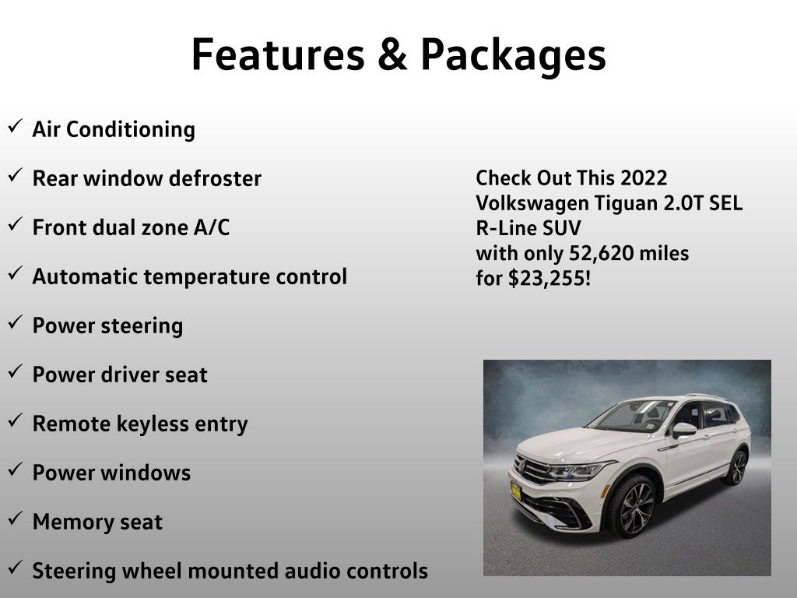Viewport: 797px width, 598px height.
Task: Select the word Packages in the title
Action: coord(514,56)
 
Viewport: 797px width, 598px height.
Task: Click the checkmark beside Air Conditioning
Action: coord(15,125)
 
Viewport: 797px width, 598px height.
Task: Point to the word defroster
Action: coord(215,178)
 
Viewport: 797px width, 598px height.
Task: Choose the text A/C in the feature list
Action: coord(212,227)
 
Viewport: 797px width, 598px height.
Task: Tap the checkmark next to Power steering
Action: coord(15,322)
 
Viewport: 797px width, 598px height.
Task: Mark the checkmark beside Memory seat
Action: coord(15,518)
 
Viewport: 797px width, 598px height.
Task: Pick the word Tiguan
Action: coord(626,204)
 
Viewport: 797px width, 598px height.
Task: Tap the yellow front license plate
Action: coord(516,491)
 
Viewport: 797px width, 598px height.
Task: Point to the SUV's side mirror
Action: coord(684,430)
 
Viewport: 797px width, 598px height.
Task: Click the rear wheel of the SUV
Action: coord(736,467)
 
